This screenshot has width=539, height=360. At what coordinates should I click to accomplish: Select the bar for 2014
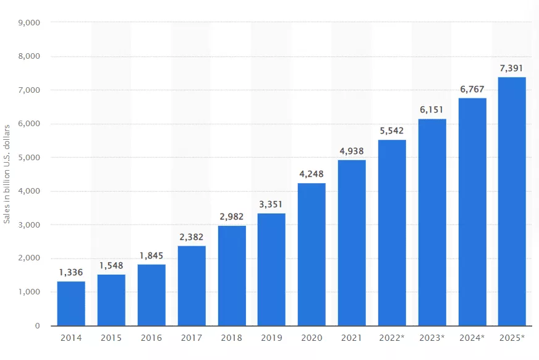(71, 303)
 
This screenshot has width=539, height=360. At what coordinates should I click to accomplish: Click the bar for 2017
(192, 285)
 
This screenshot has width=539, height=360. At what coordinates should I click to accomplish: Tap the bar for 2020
(312, 254)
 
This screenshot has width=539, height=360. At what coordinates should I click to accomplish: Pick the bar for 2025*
(512, 201)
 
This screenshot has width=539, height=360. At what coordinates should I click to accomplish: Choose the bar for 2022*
(392, 232)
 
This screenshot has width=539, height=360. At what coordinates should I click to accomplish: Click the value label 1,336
(71, 272)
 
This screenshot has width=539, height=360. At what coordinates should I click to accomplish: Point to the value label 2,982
(231, 216)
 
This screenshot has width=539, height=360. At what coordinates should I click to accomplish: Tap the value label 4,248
(312, 174)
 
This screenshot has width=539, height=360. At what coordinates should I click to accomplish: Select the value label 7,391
(512, 68)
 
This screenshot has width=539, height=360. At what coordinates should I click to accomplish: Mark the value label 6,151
(431, 109)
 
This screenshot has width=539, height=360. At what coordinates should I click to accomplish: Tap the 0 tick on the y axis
(37, 325)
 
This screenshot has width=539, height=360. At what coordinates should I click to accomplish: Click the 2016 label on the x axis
(151, 338)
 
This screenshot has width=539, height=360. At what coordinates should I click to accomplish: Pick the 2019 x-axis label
(271, 338)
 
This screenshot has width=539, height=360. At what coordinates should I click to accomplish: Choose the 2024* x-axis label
(472, 338)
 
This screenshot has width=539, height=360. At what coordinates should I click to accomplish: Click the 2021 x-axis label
(352, 338)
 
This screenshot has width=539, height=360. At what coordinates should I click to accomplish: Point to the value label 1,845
(151, 255)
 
